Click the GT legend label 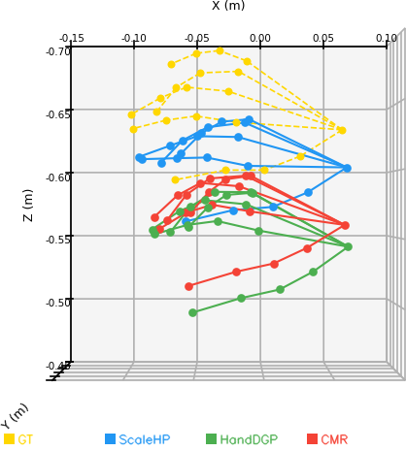25,439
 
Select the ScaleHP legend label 145,439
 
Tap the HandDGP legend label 249,439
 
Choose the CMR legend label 334,439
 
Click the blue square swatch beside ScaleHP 110,438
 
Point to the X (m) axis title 228,5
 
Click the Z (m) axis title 28,206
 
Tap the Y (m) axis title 15,416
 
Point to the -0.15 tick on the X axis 72,39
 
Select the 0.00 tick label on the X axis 260,39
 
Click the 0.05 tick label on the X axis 323,39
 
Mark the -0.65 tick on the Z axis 58,114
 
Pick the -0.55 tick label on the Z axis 58,240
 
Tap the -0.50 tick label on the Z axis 58,303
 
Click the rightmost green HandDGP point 348,247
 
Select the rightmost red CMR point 346,225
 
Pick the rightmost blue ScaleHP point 348,168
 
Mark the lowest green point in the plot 193,312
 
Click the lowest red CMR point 189,286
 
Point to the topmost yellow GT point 220,50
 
